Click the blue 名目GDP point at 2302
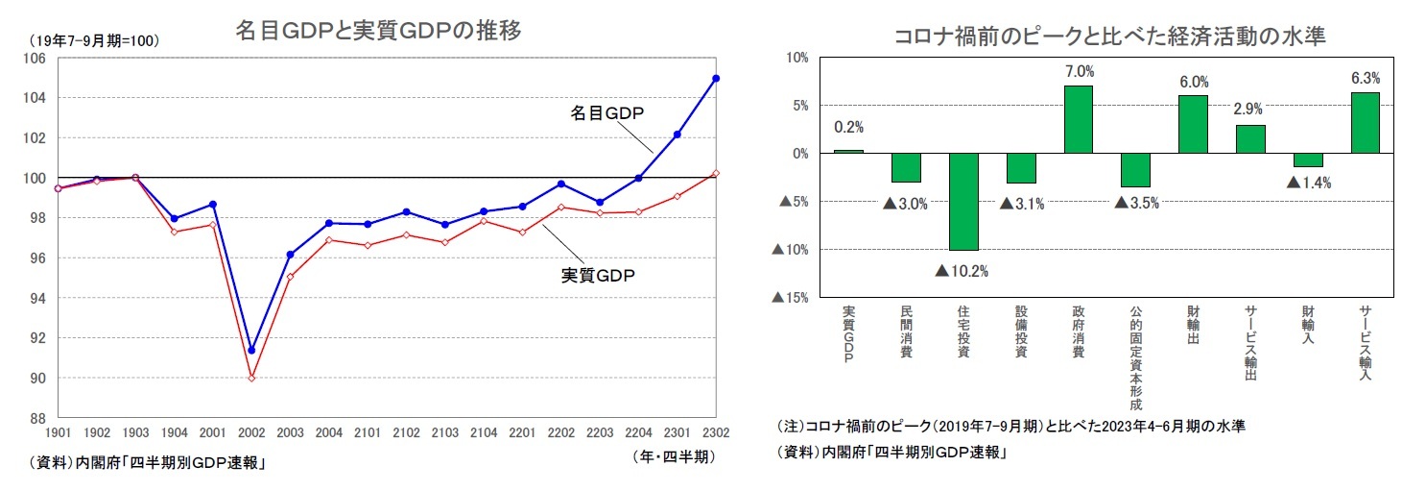click(716, 79)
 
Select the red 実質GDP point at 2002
click(251, 378)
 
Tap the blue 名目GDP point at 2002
click(251, 350)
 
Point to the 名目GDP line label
click(607, 113)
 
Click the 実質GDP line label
click(598, 276)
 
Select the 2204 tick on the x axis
click(638, 434)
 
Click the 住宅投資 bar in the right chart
click(963, 202)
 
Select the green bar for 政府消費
click(1079, 119)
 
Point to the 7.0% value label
click(1079, 72)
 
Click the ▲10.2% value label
click(963, 270)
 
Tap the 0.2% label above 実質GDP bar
click(849, 127)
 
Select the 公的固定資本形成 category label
click(1135, 356)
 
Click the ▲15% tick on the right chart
click(790, 298)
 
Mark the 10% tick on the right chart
click(796, 58)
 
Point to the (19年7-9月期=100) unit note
click(93, 40)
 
